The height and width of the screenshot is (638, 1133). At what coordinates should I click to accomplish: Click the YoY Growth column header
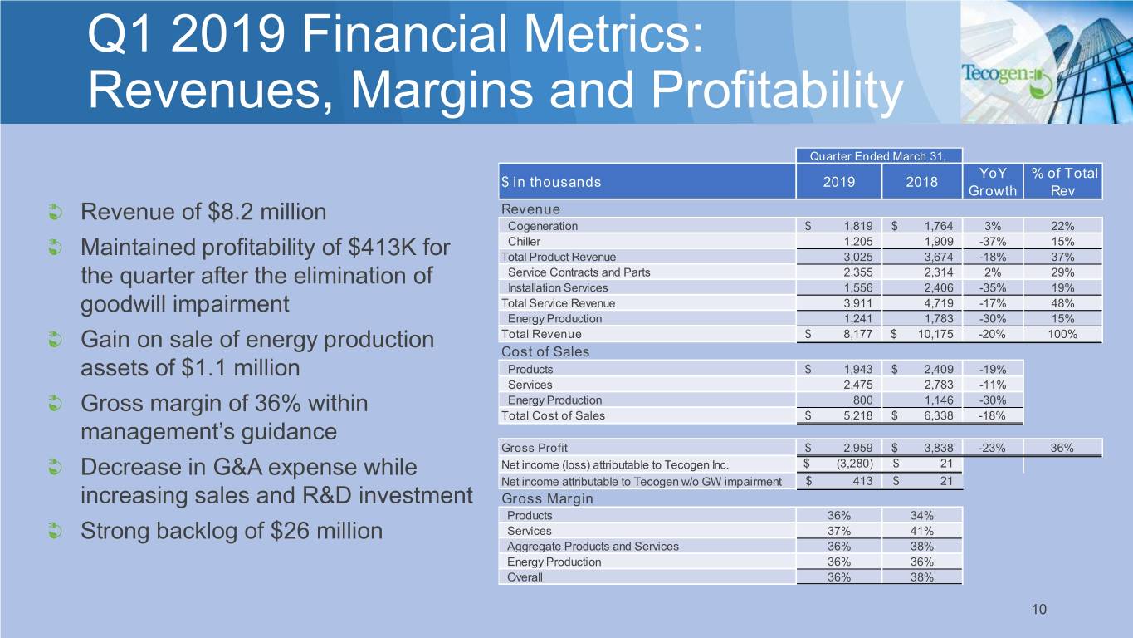[993, 182]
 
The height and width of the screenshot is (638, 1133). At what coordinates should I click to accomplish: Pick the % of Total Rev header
[1062, 182]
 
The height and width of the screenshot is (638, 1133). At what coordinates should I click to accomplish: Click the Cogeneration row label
[543, 226]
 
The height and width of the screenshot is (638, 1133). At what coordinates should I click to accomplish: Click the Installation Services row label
[557, 287]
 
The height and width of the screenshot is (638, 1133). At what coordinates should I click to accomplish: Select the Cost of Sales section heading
[545, 351]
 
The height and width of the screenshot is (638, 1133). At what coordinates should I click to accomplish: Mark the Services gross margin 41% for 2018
[922, 531]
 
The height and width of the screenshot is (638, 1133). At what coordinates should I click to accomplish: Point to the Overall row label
[525, 577]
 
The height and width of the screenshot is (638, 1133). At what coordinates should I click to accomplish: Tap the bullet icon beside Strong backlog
[54, 530]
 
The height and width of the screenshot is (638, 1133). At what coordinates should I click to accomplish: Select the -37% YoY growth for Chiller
[993, 241]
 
